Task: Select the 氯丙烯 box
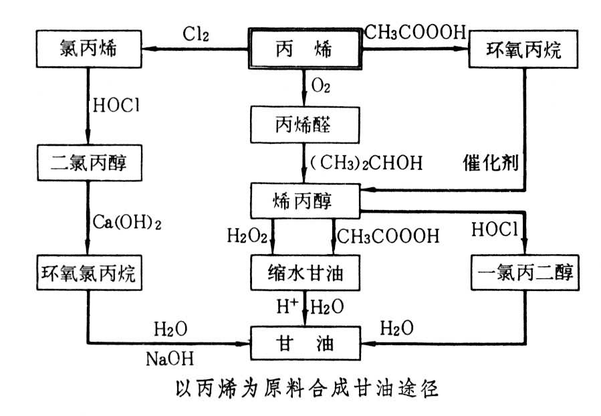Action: tap(88, 49)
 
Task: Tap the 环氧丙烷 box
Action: tap(523, 49)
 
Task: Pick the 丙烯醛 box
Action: tap(305, 124)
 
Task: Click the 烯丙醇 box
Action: tap(305, 199)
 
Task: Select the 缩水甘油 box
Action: tap(305, 274)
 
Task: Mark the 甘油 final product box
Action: tap(305, 345)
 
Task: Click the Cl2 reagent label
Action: tap(197, 33)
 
